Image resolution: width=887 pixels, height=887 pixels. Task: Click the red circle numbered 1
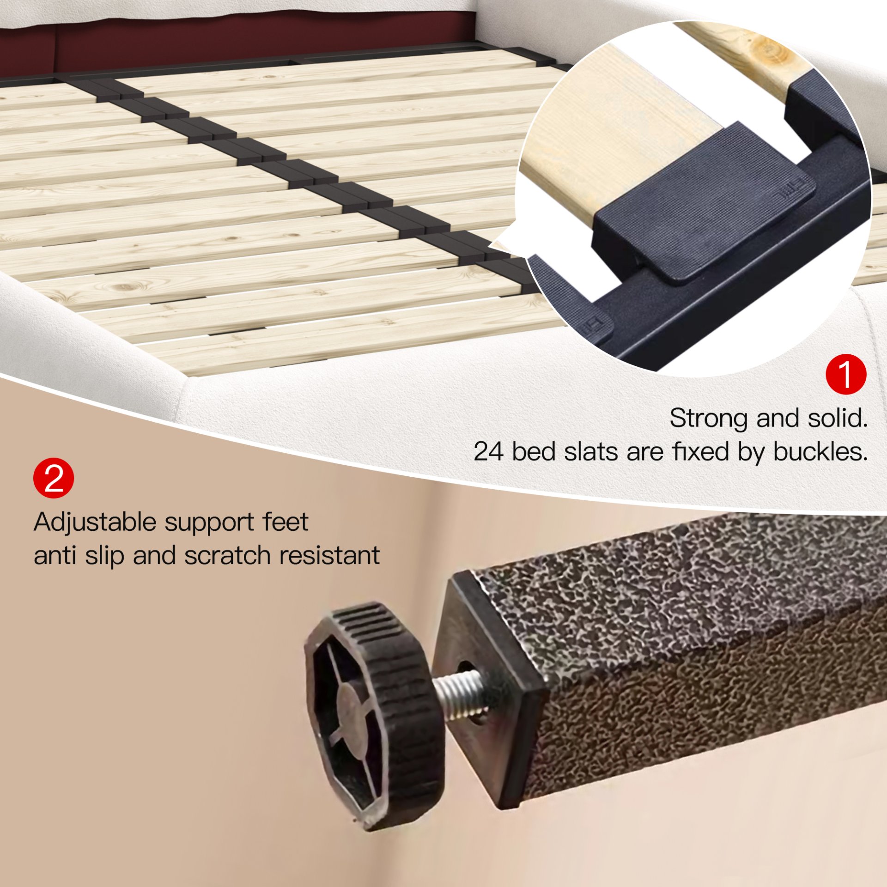[846, 374]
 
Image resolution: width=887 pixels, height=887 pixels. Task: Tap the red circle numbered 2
[54, 478]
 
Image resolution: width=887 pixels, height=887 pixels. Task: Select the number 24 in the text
[489, 451]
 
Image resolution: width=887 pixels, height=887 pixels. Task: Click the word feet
[285, 522]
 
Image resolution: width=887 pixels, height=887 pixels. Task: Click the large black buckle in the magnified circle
[702, 203]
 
